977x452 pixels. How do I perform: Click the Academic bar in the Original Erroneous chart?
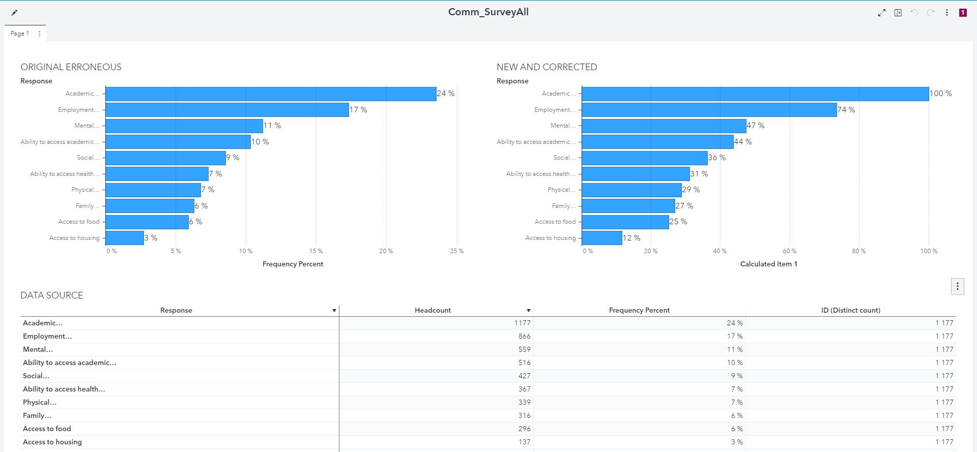[x=271, y=94]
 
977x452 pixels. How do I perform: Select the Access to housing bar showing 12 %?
[x=602, y=238]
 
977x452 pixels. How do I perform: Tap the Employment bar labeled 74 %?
[x=709, y=110]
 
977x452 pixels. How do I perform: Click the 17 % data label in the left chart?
[x=358, y=110]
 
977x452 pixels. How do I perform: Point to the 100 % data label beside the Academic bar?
[x=940, y=94]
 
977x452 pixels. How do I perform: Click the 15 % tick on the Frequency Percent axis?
[x=316, y=251]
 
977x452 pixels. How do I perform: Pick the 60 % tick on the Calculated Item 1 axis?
[x=790, y=251]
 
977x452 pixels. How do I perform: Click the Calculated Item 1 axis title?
[x=768, y=264]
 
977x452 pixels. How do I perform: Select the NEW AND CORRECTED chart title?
[x=547, y=67]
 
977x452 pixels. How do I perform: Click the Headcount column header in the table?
[x=433, y=310]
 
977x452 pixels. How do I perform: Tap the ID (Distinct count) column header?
[x=850, y=310]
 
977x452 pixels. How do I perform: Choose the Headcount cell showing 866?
[x=524, y=336]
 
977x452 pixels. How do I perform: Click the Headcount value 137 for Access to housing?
[x=524, y=442]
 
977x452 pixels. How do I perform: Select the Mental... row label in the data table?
[x=38, y=349]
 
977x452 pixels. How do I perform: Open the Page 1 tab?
[x=20, y=34]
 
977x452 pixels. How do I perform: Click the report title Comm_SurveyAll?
[x=488, y=12]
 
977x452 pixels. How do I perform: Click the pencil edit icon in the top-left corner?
[x=14, y=13]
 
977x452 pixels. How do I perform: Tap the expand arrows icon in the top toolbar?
[x=881, y=13]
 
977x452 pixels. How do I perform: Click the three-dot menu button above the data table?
[x=957, y=286]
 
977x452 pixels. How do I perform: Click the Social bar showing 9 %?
[x=165, y=158]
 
